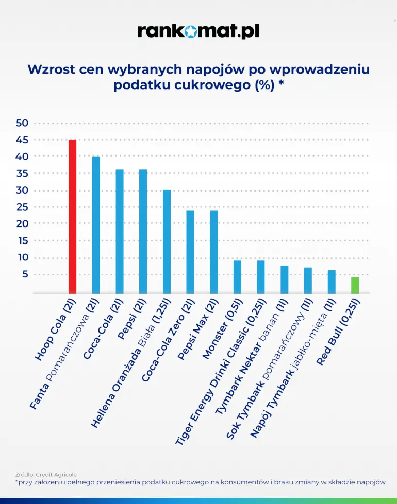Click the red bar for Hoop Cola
point(72,216)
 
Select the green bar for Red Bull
point(355,285)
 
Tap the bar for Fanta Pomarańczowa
point(96,224)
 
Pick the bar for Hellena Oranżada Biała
point(167,241)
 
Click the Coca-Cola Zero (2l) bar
point(190,252)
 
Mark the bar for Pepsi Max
point(213,252)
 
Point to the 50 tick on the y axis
point(22,123)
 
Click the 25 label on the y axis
point(22,207)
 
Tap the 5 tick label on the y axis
point(25,274)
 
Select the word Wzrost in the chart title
point(52,69)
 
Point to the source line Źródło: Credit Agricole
point(45,474)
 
